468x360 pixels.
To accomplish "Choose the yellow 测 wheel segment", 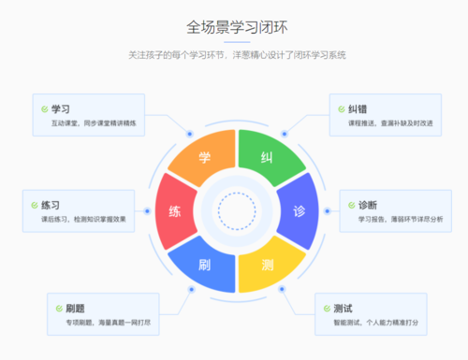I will [x=268, y=263].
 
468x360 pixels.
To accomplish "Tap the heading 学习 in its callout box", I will [x=62, y=108].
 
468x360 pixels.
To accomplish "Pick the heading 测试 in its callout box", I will [x=343, y=309].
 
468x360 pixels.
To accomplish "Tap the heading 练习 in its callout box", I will [x=51, y=204].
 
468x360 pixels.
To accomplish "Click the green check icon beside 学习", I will [x=45, y=109].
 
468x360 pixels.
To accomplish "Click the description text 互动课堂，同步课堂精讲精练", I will [x=95, y=122].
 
